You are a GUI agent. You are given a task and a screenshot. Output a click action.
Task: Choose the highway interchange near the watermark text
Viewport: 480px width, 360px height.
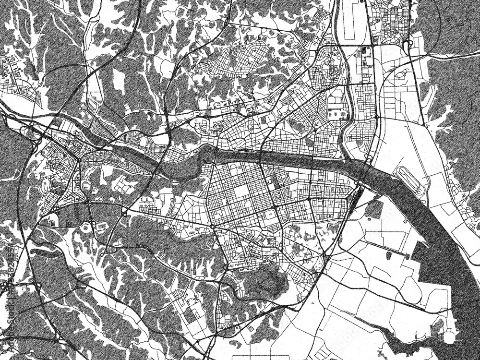pyautogui.click(x=36, y=287)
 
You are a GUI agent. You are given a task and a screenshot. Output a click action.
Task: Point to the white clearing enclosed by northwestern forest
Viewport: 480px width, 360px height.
pyautogui.click(x=118, y=79)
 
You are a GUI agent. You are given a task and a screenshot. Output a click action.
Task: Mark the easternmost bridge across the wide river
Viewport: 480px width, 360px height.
pyautogui.click(x=367, y=166)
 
